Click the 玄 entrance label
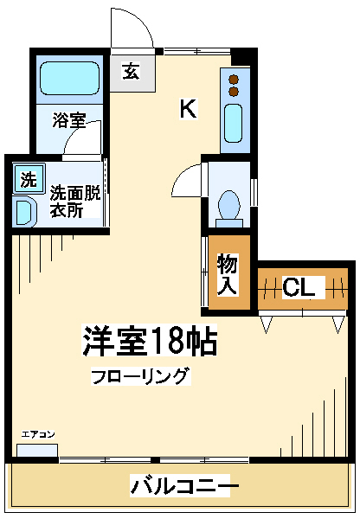point(131,71)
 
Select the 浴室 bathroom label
point(68,119)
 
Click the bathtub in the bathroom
point(71,79)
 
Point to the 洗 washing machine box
point(29,180)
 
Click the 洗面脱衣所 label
point(74,201)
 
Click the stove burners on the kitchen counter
point(234,84)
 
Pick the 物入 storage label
point(228,273)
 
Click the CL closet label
point(299,287)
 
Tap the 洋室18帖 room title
point(148,341)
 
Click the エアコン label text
point(38,434)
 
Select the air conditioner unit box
point(37,451)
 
